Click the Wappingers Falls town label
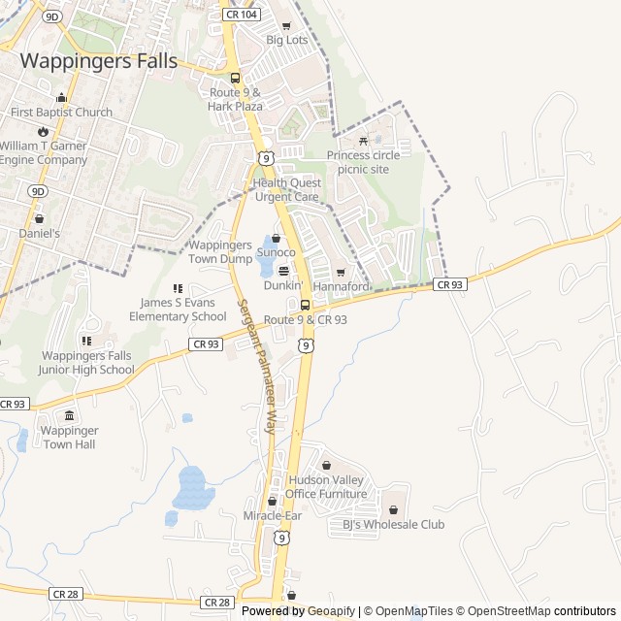[99, 60]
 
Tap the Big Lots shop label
[286, 40]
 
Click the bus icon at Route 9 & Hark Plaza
[235, 79]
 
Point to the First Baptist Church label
[61, 112]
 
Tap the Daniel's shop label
[39, 233]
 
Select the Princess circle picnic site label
[363, 161]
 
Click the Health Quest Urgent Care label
[286, 189]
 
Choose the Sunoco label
[276, 252]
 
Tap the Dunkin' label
[283, 285]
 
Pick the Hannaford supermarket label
[342, 286]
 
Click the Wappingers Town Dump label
[220, 252]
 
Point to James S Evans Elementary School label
[178, 310]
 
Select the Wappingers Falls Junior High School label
[86, 362]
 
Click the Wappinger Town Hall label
[69, 437]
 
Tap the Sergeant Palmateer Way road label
[257, 367]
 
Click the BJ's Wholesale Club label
[393, 524]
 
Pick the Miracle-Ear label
[273, 515]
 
